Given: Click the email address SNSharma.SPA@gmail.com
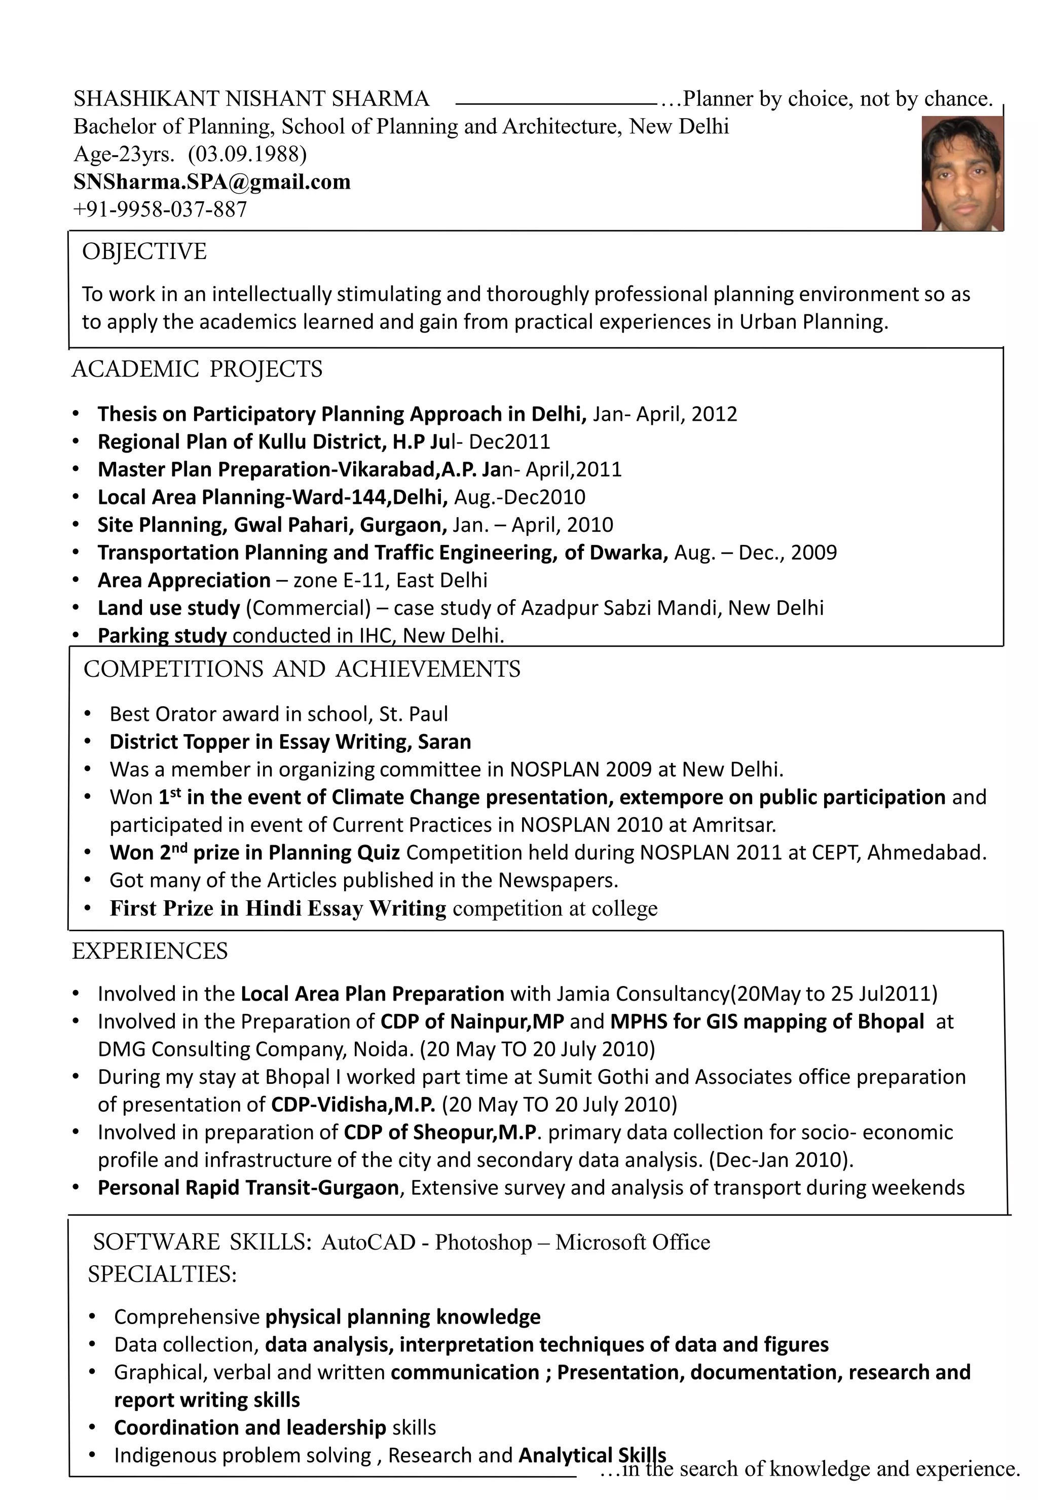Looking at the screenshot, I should point(212,181).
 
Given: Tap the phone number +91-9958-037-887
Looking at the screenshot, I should point(160,209).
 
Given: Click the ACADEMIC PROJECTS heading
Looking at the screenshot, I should point(197,370).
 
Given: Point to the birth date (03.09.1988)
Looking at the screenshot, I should point(247,154).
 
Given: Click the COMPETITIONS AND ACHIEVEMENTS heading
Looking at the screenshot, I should point(302,669).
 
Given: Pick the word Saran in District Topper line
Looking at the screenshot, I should point(444,742).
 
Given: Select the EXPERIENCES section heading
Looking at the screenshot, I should point(150,952).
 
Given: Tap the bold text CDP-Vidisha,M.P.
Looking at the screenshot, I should point(352,1105).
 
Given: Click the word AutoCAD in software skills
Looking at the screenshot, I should point(368,1242).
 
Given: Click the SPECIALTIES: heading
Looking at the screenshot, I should point(162,1274).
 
